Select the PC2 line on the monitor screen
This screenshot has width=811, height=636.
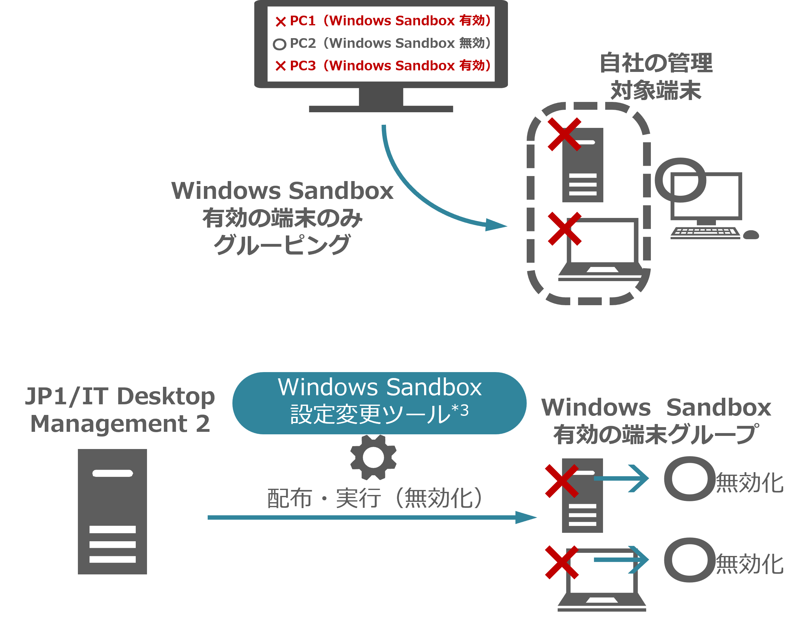(x=389, y=43)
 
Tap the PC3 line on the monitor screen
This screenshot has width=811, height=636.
(x=389, y=66)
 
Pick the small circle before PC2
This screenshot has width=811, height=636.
(x=279, y=44)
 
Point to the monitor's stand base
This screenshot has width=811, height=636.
(x=381, y=109)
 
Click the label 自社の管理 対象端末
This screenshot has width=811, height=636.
(x=656, y=76)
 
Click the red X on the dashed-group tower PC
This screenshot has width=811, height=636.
(x=564, y=134)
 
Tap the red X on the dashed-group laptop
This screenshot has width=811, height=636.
(x=564, y=229)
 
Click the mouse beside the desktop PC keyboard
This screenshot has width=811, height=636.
(x=751, y=235)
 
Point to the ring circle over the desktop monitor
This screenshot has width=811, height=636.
(x=680, y=180)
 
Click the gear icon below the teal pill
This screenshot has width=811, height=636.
(x=373, y=457)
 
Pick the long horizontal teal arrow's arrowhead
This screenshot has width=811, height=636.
(x=526, y=517)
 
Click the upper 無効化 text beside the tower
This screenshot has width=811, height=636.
(x=749, y=483)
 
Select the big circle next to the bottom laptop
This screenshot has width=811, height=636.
(x=689, y=560)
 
